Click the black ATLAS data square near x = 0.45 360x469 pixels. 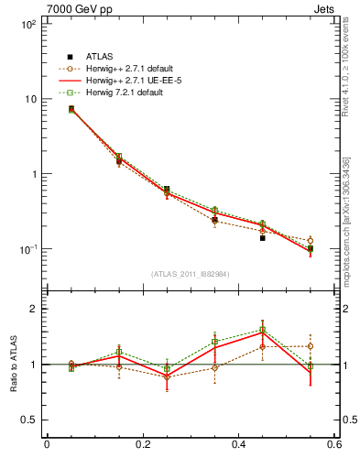(x=262, y=237)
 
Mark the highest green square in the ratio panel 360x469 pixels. (x=262, y=330)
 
